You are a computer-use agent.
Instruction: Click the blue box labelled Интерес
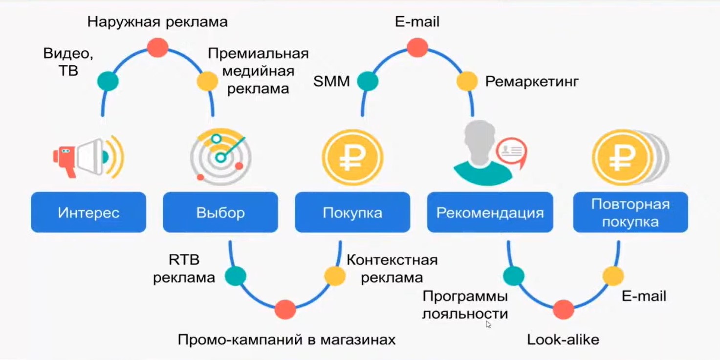click(88, 212)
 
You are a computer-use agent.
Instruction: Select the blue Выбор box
click(220, 212)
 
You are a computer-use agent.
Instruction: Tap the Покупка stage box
click(352, 212)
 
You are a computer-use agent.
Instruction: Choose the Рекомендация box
click(490, 212)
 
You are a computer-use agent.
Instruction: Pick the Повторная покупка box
click(630, 212)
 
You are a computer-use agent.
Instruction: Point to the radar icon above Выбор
click(220, 157)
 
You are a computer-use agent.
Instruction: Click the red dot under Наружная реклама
click(157, 47)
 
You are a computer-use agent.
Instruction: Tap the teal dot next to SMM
click(368, 82)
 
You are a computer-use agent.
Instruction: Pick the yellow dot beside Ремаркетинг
click(467, 82)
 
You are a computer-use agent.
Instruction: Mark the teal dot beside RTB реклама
click(236, 276)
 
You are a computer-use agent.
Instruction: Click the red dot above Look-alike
click(563, 310)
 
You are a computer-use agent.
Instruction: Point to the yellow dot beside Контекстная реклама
click(335, 276)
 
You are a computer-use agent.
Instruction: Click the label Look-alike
click(563, 339)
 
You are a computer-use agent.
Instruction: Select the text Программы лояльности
click(465, 305)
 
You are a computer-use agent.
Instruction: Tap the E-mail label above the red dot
click(417, 22)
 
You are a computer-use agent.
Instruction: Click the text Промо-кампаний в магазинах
click(286, 339)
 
